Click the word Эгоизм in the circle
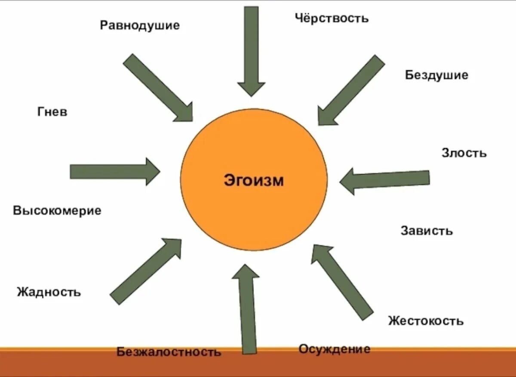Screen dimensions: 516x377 (254, 180)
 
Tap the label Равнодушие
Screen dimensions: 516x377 (140, 25)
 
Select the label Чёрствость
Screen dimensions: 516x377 (332, 18)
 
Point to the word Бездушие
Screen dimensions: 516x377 (436, 75)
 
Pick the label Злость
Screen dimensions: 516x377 (464, 153)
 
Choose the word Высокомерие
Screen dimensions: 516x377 (57, 211)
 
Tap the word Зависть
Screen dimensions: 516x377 (427, 231)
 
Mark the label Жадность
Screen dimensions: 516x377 (49, 292)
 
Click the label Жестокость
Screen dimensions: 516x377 (426, 321)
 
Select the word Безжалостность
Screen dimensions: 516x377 (169, 352)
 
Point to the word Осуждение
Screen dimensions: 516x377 (334, 349)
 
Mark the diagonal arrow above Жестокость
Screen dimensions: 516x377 (342, 282)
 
